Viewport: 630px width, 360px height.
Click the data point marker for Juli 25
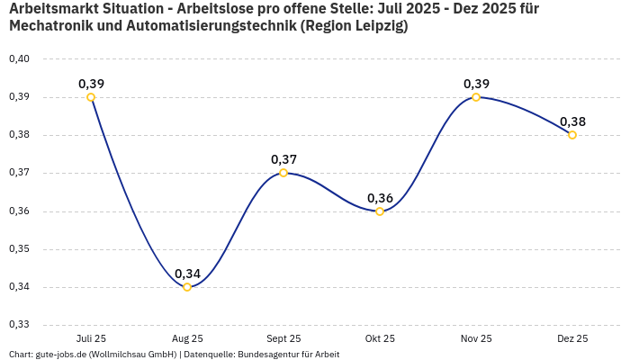(x=91, y=97)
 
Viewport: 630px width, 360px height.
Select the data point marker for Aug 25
(x=187, y=287)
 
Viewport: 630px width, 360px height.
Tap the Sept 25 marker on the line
(x=283, y=173)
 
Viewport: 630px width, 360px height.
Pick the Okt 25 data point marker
(x=380, y=211)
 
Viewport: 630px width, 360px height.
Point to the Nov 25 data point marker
(x=476, y=97)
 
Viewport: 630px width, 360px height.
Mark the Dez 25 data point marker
(x=572, y=135)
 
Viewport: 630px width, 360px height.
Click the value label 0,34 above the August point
(x=187, y=274)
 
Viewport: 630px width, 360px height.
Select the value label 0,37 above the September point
(x=283, y=159)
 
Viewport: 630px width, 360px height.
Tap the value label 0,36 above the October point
(x=380, y=198)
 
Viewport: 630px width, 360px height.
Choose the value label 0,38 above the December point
(x=572, y=121)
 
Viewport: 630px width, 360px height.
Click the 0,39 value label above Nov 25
(x=476, y=84)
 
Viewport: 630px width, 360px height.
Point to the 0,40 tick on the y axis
(x=19, y=59)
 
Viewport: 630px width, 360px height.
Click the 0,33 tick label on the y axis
(x=19, y=325)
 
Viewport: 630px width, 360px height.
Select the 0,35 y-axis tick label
(x=19, y=249)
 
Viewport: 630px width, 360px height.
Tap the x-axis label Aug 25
(x=187, y=338)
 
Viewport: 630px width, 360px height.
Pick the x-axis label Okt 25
(x=380, y=338)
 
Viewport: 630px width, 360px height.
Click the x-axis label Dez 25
(x=572, y=338)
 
